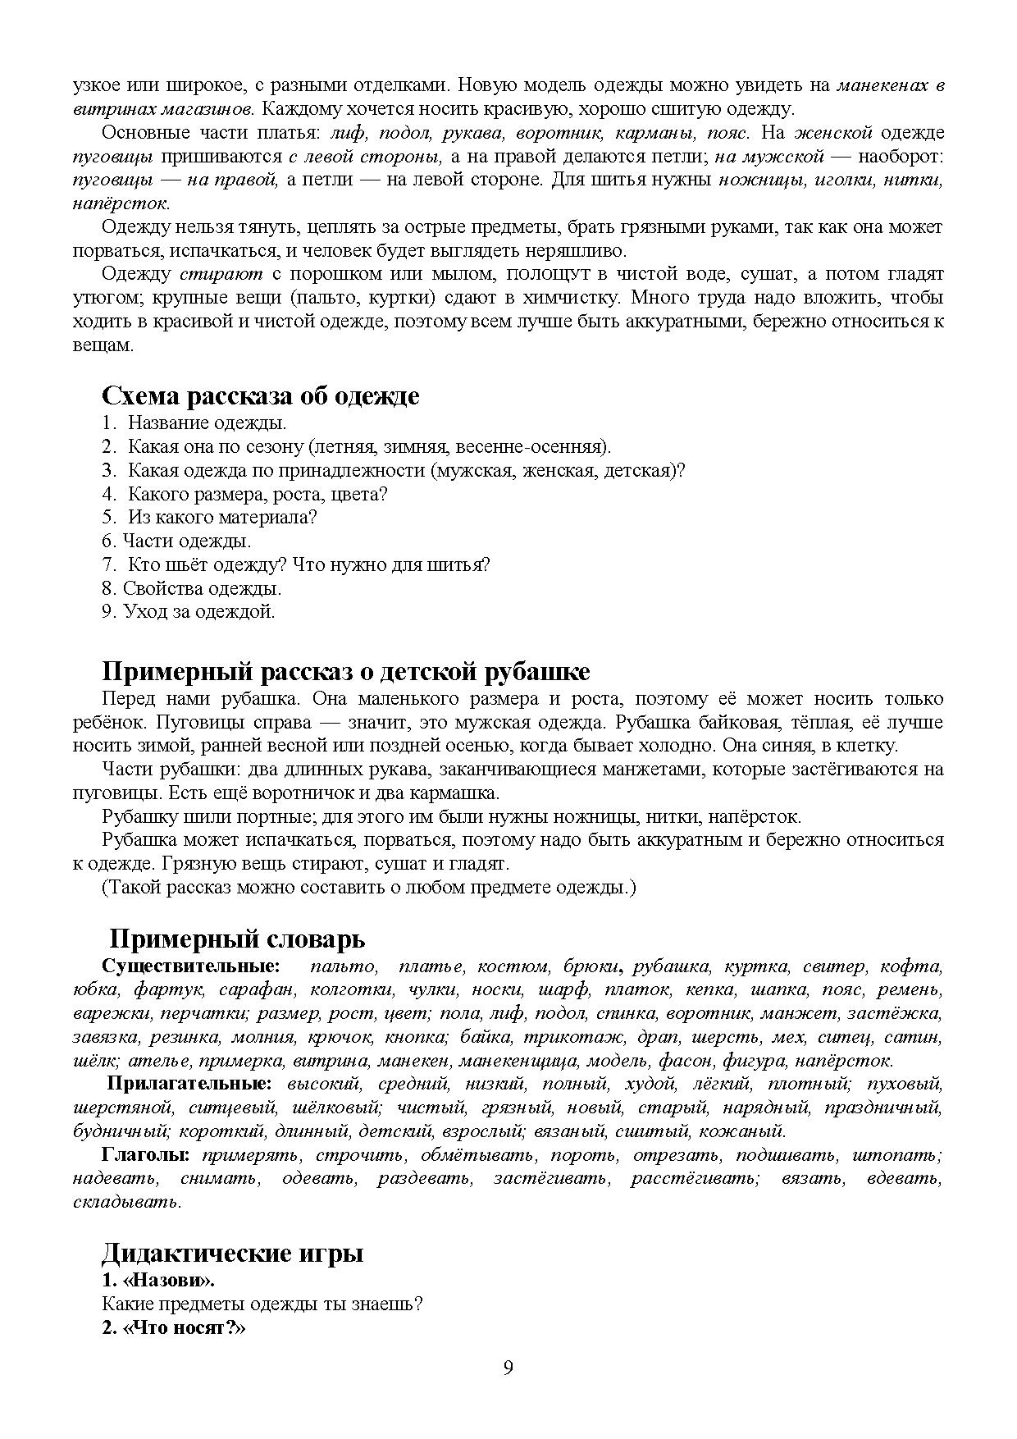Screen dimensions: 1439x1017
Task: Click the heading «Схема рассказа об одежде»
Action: coord(260,395)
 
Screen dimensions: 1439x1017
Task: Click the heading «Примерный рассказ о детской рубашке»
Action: coord(345,671)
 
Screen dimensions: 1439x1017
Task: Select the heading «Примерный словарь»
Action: coord(237,939)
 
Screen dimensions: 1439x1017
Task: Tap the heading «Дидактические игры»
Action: coord(233,1254)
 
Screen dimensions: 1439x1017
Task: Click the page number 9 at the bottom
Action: coord(508,1368)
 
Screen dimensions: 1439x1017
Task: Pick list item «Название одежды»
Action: coord(207,423)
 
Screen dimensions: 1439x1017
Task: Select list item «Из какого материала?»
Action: coord(221,518)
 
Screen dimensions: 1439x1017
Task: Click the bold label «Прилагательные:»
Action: coord(191,1085)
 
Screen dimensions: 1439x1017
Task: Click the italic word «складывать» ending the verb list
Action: coord(125,1203)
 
